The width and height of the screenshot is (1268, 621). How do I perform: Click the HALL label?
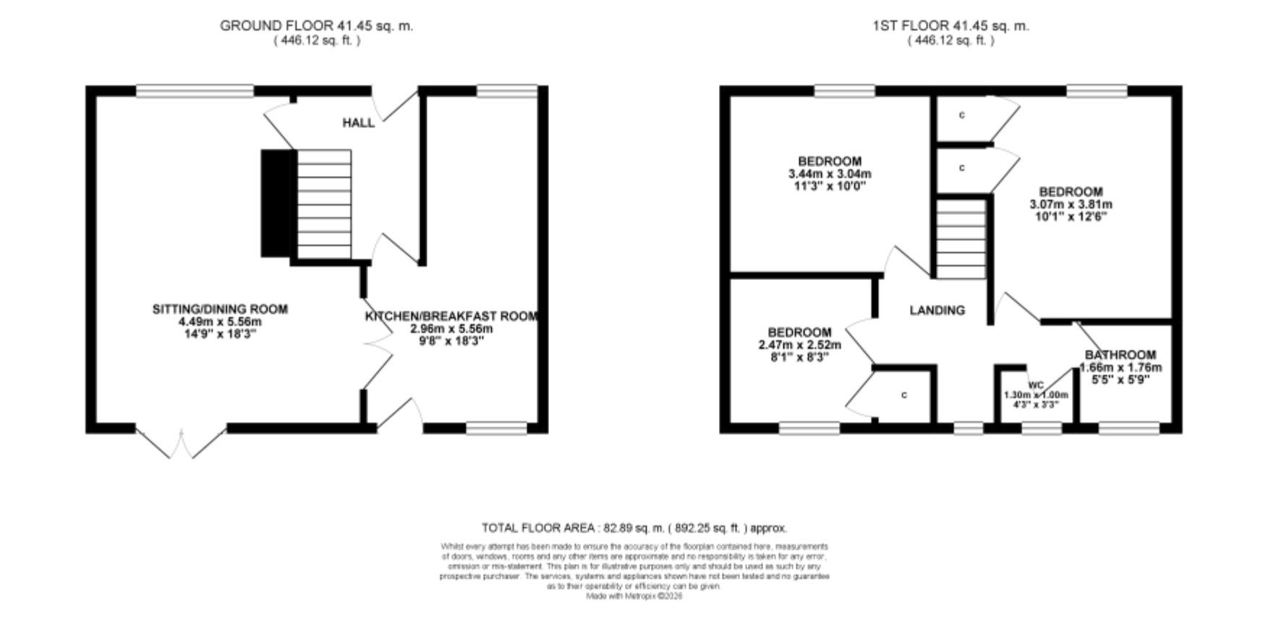click(x=358, y=123)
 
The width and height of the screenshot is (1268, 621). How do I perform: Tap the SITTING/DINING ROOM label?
click(x=220, y=310)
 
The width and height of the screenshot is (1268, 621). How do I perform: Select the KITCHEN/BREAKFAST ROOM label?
click(x=451, y=316)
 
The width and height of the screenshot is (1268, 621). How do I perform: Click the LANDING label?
click(x=937, y=310)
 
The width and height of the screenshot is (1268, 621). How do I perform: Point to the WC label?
click(x=1036, y=385)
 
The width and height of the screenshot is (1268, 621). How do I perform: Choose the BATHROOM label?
click(x=1120, y=355)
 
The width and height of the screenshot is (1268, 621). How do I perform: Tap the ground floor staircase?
click(x=324, y=204)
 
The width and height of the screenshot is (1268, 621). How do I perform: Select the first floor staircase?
click(x=961, y=239)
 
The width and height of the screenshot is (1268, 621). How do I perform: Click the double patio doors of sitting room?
click(x=181, y=443)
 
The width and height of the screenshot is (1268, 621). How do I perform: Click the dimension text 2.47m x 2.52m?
click(x=799, y=345)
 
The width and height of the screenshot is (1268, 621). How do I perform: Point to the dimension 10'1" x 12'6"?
click(x=1071, y=216)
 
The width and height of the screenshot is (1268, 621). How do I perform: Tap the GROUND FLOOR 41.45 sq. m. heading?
click(x=316, y=26)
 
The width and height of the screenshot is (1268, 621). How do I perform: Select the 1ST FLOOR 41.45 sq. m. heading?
click(x=950, y=26)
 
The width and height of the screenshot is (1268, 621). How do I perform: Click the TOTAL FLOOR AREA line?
click(x=634, y=528)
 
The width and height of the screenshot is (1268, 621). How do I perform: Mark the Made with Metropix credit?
click(x=634, y=596)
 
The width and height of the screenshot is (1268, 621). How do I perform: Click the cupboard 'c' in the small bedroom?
click(x=903, y=395)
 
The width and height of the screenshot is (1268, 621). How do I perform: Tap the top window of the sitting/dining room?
click(x=195, y=90)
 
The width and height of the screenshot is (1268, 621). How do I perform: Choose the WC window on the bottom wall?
click(x=1041, y=429)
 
